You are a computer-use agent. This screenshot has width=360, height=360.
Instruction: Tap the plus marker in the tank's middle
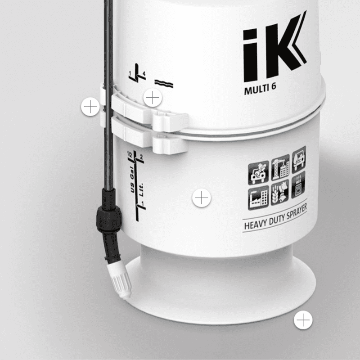pos(202,198)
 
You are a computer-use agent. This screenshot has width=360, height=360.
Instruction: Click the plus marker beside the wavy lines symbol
pos(153,97)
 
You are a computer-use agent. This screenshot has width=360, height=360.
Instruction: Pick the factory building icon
pos(258,198)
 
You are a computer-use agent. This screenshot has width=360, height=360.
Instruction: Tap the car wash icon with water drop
pos(299,160)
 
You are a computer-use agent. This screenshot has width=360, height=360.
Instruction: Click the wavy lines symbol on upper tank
pos(164,83)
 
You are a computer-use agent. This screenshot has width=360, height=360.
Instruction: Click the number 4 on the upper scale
pos(144,73)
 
